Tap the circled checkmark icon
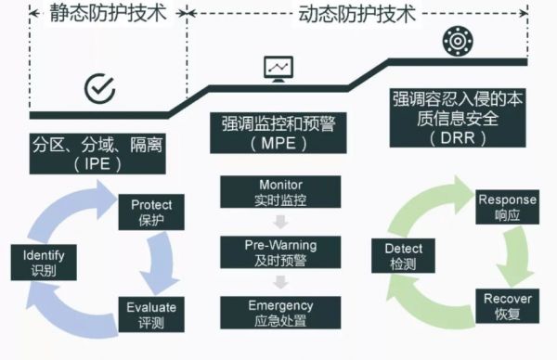(x=99, y=88)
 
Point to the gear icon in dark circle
(x=456, y=41)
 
